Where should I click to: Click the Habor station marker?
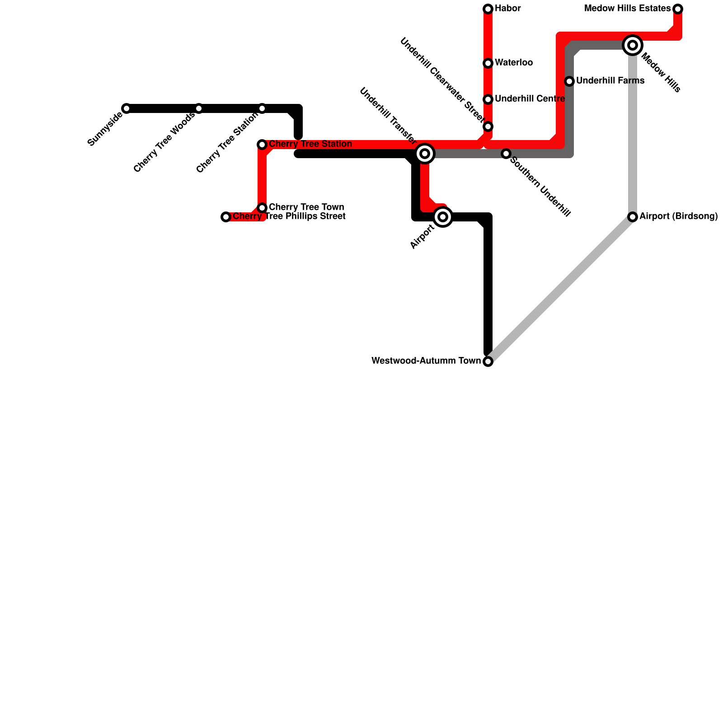pyautogui.click(x=488, y=9)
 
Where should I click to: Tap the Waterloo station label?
pyautogui.click(x=514, y=63)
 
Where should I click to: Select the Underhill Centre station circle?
pyautogui.click(x=488, y=99)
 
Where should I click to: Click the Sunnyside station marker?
pyautogui.click(x=127, y=108)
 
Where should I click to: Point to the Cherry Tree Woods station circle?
pyautogui.click(x=199, y=108)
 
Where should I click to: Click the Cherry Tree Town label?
pyautogui.click(x=306, y=207)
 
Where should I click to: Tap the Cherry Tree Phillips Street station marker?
pyautogui.click(x=226, y=217)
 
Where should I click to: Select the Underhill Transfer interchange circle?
pyautogui.click(x=425, y=154)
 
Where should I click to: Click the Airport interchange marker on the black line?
pyautogui.click(x=443, y=217)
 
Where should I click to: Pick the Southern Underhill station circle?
pyautogui.click(x=506, y=154)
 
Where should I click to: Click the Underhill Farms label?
pyautogui.click(x=610, y=81)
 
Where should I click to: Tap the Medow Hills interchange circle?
pyautogui.click(x=633, y=45)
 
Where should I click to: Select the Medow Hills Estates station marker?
pyautogui.click(x=678, y=9)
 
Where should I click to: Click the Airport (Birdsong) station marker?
pyautogui.click(x=633, y=217)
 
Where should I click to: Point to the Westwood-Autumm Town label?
pyautogui.click(x=426, y=361)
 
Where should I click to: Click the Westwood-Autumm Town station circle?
pyautogui.click(x=488, y=361)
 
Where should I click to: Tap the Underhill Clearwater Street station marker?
pyautogui.click(x=488, y=127)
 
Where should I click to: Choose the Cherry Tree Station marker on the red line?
pyautogui.click(x=262, y=145)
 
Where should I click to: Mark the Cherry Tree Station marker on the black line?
pyautogui.click(x=262, y=108)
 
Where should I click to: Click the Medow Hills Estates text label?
pyautogui.click(x=628, y=9)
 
